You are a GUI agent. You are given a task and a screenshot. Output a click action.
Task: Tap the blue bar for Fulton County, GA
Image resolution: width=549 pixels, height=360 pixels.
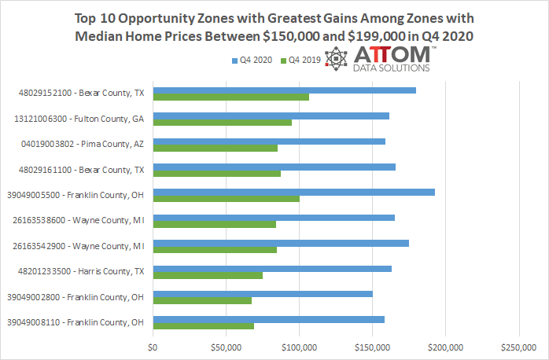pyautogui.click(x=271, y=116)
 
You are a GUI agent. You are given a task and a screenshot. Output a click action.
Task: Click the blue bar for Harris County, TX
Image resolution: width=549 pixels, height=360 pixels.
pyautogui.click(x=272, y=269)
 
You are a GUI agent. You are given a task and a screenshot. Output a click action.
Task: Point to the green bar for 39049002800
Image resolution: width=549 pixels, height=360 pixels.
pyautogui.click(x=202, y=300)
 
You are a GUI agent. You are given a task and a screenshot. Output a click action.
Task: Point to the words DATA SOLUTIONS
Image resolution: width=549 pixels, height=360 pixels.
pyautogui.click(x=390, y=68)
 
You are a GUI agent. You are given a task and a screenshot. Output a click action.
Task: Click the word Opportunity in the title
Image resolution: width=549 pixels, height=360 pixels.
pyautogui.click(x=150, y=17)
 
